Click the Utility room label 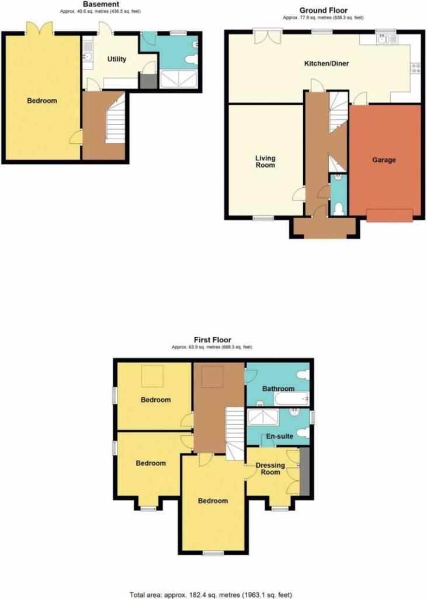[x=117, y=59]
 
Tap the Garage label [x=384, y=160]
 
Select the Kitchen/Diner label [x=327, y=63]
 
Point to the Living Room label [x=265, y=161]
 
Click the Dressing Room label [x=270, y=469]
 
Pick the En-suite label [x=280, y=436]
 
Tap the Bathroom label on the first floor [x=279, y=388]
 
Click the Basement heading [x=101, y=4]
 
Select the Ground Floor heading [x=324, y=11]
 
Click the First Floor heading [x=213, y=340]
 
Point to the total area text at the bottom [x=211, y=595]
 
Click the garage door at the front [x=390, y=215]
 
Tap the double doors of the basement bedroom [x=40, y=29]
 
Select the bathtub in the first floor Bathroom [x=291, y=399]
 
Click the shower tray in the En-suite [x=263, y=418]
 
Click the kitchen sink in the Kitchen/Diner [x=387, y=39]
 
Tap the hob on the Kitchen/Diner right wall [x=415, y=68]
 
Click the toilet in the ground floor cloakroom [x=338, y=209]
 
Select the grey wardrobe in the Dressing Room [x=304, y=472]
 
